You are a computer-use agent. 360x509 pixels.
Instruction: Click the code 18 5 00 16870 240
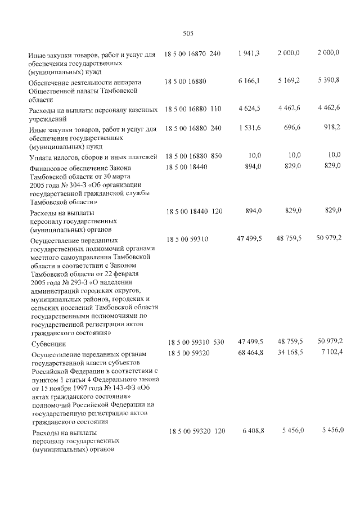[x=192, y=53]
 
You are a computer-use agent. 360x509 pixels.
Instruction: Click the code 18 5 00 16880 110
[x=192, y=108]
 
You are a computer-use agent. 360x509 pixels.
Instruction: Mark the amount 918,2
[x=331, y=128]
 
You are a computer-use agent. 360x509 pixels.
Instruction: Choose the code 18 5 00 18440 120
[x=192, y=210]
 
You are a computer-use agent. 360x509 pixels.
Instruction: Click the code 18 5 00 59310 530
[x=195, y=343]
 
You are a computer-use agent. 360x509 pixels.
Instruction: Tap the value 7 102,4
[x=330, y=352]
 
